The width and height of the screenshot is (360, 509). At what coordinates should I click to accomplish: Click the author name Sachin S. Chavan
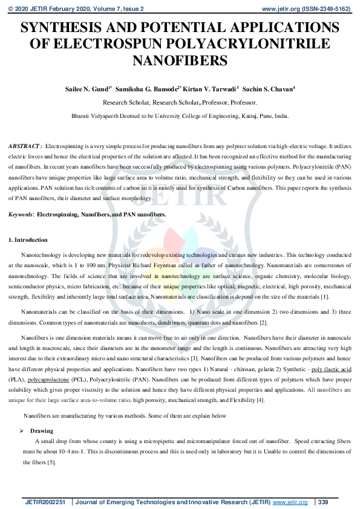point(268,88)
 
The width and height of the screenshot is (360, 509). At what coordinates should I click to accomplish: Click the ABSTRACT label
point(24,147)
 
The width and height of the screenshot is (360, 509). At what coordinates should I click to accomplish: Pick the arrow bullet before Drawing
point(23,431)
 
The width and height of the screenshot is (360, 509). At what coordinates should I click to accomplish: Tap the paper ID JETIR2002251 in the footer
point(45,502)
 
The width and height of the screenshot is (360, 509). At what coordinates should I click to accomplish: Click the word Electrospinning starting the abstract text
point(62,147)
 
